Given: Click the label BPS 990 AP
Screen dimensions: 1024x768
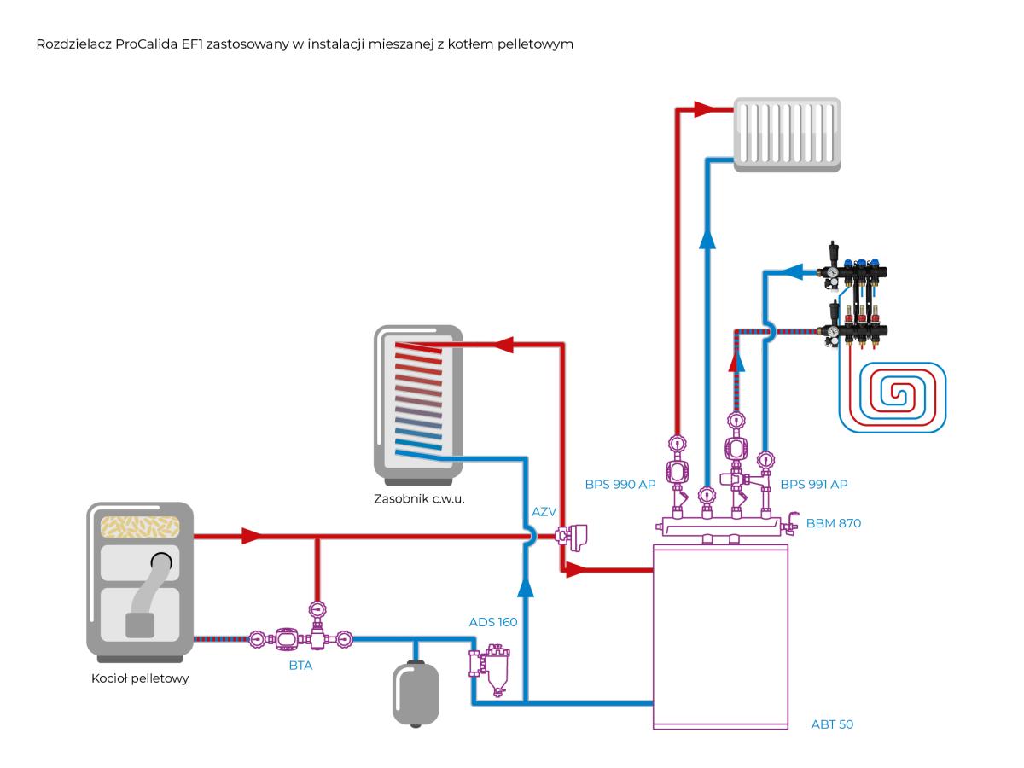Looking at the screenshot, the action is tap(620, 485).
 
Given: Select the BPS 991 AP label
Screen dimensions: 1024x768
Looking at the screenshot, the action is tap(813, 485).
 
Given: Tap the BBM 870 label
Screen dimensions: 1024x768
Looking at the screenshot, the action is tap(833, 523).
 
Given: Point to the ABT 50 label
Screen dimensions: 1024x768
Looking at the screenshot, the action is tap(832, 724).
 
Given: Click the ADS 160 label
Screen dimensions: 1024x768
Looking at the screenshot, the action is tap(493, 622).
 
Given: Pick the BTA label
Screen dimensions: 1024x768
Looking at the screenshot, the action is tap(301, 666).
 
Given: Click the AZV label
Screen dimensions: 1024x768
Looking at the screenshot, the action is tap(544, 512).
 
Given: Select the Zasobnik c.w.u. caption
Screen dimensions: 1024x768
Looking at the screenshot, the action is tap(419, 499).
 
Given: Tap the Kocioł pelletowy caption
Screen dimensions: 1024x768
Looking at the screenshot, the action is tap(140, 678).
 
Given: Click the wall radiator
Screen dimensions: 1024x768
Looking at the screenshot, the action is tap(787, 135).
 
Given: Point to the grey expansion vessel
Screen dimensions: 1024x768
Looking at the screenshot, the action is tap(416, 694).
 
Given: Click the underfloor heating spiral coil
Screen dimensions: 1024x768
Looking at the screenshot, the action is tap(893, 398).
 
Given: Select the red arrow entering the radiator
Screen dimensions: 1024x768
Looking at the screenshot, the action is tap(705, 109).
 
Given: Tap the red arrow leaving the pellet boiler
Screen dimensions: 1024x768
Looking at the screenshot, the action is tap(252, 536).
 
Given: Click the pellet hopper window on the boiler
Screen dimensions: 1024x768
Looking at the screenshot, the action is tap(140, 527).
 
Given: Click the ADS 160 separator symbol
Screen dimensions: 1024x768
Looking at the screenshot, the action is tap(489, 669).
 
